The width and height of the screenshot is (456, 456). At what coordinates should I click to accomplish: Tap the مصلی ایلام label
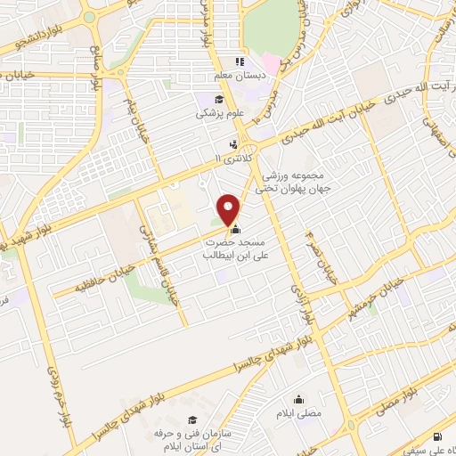click(301, 415)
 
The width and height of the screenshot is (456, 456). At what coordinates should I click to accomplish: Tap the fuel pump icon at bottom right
click(436, 436)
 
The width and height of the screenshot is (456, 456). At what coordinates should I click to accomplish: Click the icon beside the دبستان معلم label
click(239, 61)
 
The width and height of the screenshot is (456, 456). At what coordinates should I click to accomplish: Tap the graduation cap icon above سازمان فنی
click(190, 419)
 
